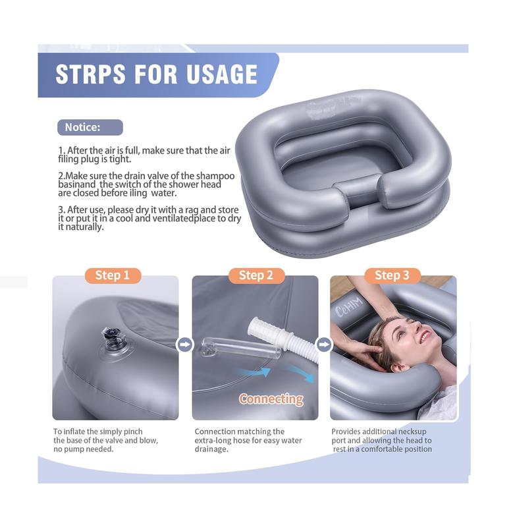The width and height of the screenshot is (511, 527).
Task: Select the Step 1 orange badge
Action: (112, 275)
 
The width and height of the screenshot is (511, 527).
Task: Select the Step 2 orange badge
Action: (255, 275)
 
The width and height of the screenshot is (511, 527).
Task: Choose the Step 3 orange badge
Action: (392, 275)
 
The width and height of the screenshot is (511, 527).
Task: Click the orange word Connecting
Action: (271, 399)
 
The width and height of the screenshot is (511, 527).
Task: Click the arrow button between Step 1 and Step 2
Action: (185, 344)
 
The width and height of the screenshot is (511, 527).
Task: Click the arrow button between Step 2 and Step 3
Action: (324, 344)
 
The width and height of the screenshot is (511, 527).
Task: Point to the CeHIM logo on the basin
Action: (348, 308)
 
